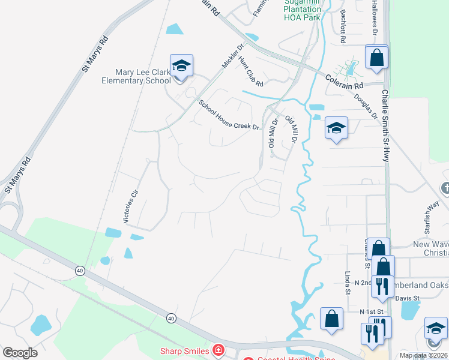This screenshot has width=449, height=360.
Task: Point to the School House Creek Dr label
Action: (229, 115)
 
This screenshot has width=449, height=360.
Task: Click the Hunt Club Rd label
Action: (251, 71)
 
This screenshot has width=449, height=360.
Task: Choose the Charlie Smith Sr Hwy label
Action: (385, 126)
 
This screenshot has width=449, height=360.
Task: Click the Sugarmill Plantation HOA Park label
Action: (302, 9)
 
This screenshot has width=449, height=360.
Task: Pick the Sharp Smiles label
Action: (184, 350)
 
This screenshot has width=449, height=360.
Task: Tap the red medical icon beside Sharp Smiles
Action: (219, 350)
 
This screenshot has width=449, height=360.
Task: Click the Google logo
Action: (20, 353)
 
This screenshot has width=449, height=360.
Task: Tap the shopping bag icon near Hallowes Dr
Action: (377, 58)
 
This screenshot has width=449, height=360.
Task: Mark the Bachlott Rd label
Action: (343, 26)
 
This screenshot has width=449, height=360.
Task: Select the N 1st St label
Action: (371, 313)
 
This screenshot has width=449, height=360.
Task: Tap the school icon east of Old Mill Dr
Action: (336, 127)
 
